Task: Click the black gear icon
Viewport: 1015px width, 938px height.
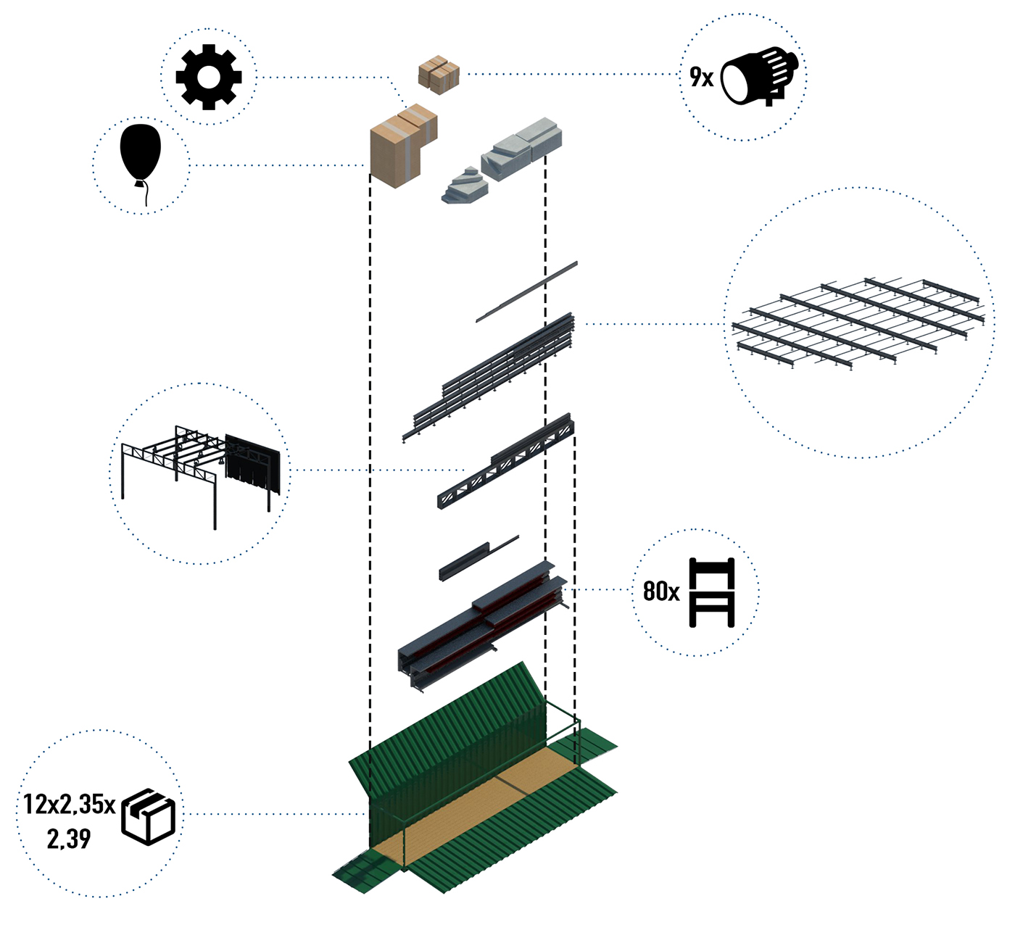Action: (209, 77)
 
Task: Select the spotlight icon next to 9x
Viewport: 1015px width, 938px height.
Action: (761, 75)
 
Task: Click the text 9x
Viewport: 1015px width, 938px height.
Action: (701, 77)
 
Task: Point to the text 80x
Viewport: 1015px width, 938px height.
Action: (661, 592)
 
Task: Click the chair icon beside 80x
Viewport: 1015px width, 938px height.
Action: (711, 592)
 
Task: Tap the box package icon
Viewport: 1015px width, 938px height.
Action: (149, 817)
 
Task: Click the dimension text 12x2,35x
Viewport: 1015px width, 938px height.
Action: (70, 805)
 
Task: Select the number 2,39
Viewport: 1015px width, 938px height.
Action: (69, 839)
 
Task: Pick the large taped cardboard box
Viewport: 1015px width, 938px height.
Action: (402, 147)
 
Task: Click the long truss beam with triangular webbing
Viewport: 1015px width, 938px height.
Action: (505, 461)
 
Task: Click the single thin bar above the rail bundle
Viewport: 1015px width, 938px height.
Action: (527, 291)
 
